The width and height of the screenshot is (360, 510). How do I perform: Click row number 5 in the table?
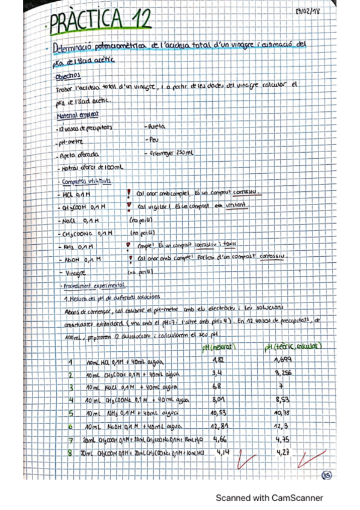(70, 414)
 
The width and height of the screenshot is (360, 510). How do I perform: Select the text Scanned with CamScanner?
(270, 498)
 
